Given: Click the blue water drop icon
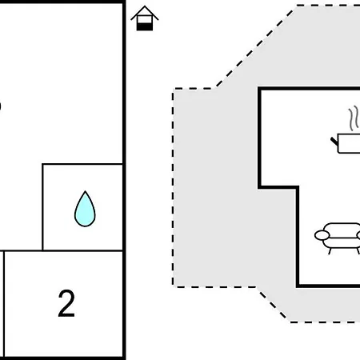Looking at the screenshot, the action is click(x=85, y=210).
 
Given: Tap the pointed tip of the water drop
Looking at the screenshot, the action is click(x=85, y=191).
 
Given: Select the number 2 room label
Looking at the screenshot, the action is click(x=66, y=303).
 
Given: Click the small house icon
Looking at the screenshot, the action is click(x=145, y=18).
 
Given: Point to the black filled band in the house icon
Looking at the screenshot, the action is click(x=145, y=26).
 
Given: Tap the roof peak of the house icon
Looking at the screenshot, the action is click(x=145, y=6).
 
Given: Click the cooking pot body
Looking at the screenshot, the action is click(x=349, y=143).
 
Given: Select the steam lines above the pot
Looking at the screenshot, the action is click(x=354, y=118).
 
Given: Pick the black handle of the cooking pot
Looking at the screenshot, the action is click(x=334, y=142).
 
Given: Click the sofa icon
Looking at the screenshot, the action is click(x=338, y=238).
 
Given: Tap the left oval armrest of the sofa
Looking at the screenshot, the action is click(x=322, y=235).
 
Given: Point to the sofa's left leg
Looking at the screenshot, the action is click(x=330, y=251).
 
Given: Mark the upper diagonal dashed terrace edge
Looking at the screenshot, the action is click(x=255, y=47).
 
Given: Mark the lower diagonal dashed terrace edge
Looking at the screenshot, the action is click(x=272, y=304).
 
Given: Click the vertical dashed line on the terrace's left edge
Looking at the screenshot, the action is click(x=173, y=188).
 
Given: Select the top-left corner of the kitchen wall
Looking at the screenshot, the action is click(x=259, y=89).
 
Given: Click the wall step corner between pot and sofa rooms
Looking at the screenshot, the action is click(x=297, y=187).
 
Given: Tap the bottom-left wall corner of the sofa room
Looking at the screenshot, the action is click(x=298, y=286).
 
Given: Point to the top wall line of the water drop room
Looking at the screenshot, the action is click(x=82, y=164).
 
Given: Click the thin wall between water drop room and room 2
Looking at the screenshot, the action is click(x=82, y=250).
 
